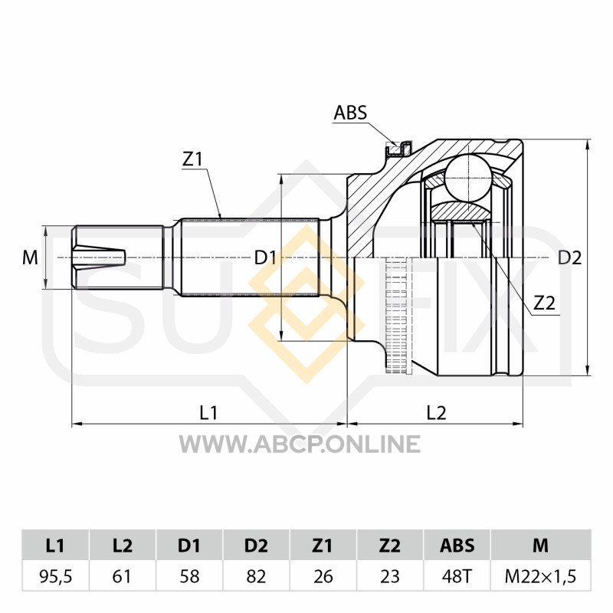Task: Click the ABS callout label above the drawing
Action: coord(350,113)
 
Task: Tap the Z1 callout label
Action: coord(192,159)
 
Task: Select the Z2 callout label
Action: coord(544,302)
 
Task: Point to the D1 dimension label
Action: coord(265,257)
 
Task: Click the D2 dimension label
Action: coord(569,257)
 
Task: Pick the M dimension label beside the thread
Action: coord(30,257)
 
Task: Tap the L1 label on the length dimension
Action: coord(208,412)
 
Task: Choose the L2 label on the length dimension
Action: coord(436,412)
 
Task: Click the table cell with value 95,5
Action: coord(55,576)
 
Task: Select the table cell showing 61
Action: coord(123,576)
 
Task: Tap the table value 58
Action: coord(189,576)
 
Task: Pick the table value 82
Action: coord(256,576)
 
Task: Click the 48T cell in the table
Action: coord(457,576)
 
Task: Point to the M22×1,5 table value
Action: coord(540,576)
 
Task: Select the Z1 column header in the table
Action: coord(323,545)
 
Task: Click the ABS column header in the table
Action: coord(457,545)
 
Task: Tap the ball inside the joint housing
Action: coord(468,179)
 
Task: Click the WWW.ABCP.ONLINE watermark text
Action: coord(300,444)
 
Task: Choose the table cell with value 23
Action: coord(390,576)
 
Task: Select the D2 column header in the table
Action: coord(256,545)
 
